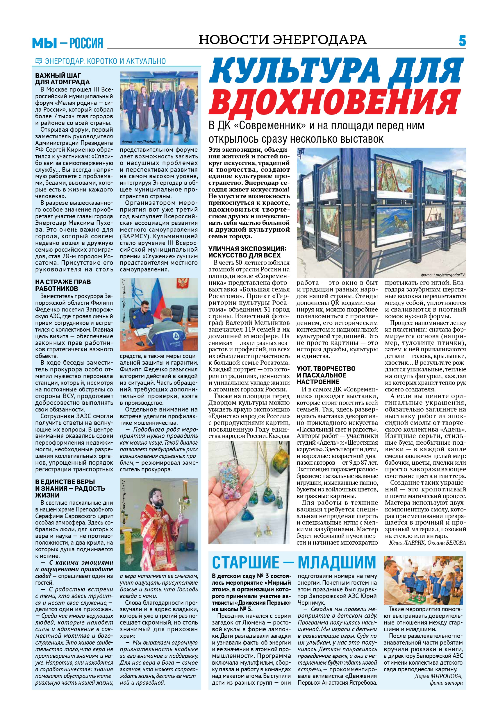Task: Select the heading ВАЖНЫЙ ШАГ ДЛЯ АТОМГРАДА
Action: pos(63,78)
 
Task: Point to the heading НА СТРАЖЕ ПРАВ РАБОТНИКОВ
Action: pos(63,285)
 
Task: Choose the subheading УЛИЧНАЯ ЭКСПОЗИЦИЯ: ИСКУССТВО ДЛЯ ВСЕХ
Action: pos(247,251)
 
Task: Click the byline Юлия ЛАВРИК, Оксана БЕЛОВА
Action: pos(427,543)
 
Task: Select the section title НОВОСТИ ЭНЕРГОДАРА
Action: pos(282,40)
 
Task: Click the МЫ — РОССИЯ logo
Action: pos(67,43)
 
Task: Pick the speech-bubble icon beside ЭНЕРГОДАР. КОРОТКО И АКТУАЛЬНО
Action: pos(39,61)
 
